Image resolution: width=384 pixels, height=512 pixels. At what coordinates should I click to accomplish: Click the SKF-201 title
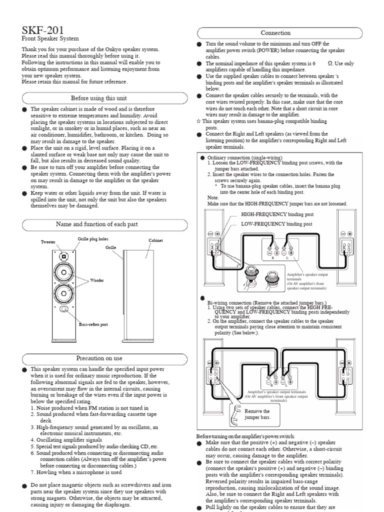pyautogui.click(x=42, y=29)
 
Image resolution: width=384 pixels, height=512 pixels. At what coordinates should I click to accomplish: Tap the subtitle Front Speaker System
pyautogui.click(x=50, y=38)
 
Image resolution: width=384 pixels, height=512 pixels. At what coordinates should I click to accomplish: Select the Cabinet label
pyautogui.click(x=155, y=240)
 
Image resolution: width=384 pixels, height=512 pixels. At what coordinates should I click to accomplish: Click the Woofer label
pyautogui.click(x=97, y=280)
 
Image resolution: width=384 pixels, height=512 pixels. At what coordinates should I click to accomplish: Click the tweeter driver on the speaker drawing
pyautogui.click(x=64, y=256)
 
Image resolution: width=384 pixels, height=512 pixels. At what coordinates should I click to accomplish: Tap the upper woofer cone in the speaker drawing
pyautogui.click(x=64, y=273)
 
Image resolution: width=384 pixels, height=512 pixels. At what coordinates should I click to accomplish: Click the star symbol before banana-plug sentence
pyautogui.click(x=199, y=121)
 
